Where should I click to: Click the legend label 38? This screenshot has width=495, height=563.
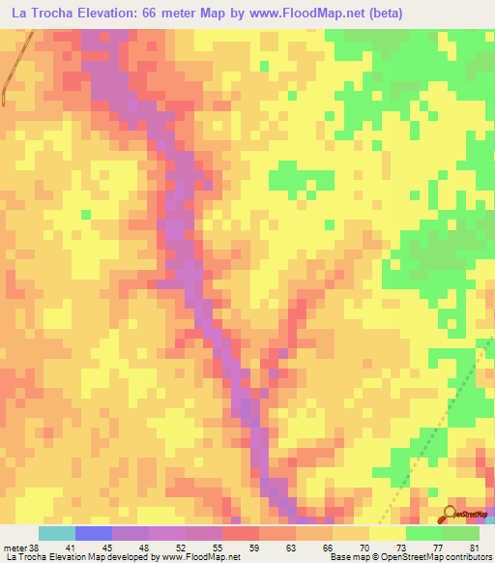pyautogui.click(x=29, y=547)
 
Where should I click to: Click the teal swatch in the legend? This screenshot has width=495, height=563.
pyautogui.click(x=57, y=533)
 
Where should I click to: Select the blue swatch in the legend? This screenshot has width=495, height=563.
pyautogui.click(x=94, y=533)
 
